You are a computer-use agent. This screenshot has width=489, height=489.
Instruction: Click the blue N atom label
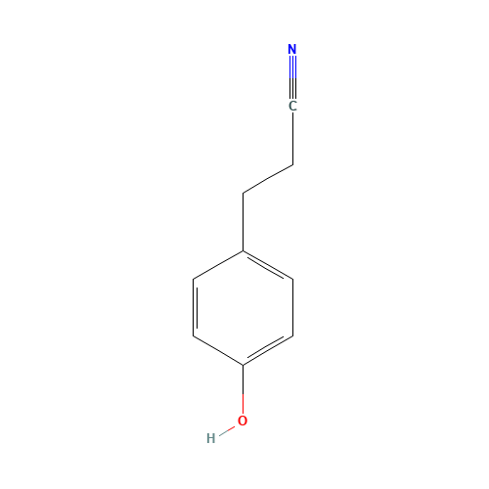coord(292,49)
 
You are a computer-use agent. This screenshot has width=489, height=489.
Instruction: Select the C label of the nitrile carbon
coord(292,106)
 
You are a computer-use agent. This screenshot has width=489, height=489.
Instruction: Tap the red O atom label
coord(243,421)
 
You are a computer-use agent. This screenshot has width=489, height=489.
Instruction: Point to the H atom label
coord(211,438)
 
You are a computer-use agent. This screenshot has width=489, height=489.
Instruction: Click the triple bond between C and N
coord(292,77)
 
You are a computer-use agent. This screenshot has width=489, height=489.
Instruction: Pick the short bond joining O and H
coord(227,431)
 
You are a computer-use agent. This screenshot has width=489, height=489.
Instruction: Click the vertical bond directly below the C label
coord(292,139)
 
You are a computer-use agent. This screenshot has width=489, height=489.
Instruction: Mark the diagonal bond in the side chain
coord(268,179)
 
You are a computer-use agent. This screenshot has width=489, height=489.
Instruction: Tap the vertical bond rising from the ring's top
coord(243,222)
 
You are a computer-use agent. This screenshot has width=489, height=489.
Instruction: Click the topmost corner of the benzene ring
coord(243,250)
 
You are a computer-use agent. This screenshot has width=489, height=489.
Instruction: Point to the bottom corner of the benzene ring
coord(243,365)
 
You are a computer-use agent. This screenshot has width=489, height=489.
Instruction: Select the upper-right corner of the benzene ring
coord(292,279)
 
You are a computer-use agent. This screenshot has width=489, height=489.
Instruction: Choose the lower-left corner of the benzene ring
coord(194,335)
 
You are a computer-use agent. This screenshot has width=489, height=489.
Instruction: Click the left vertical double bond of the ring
coord(195,307)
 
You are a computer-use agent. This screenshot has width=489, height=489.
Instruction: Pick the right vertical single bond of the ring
coord(292,307)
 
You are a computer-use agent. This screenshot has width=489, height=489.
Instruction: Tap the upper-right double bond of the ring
coord(268,265)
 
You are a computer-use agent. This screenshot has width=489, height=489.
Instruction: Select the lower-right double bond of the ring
coord(268,350)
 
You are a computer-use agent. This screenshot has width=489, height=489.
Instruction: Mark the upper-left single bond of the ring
coord(218,265)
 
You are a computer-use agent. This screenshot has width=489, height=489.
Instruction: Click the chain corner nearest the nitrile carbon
coord(292,165)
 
